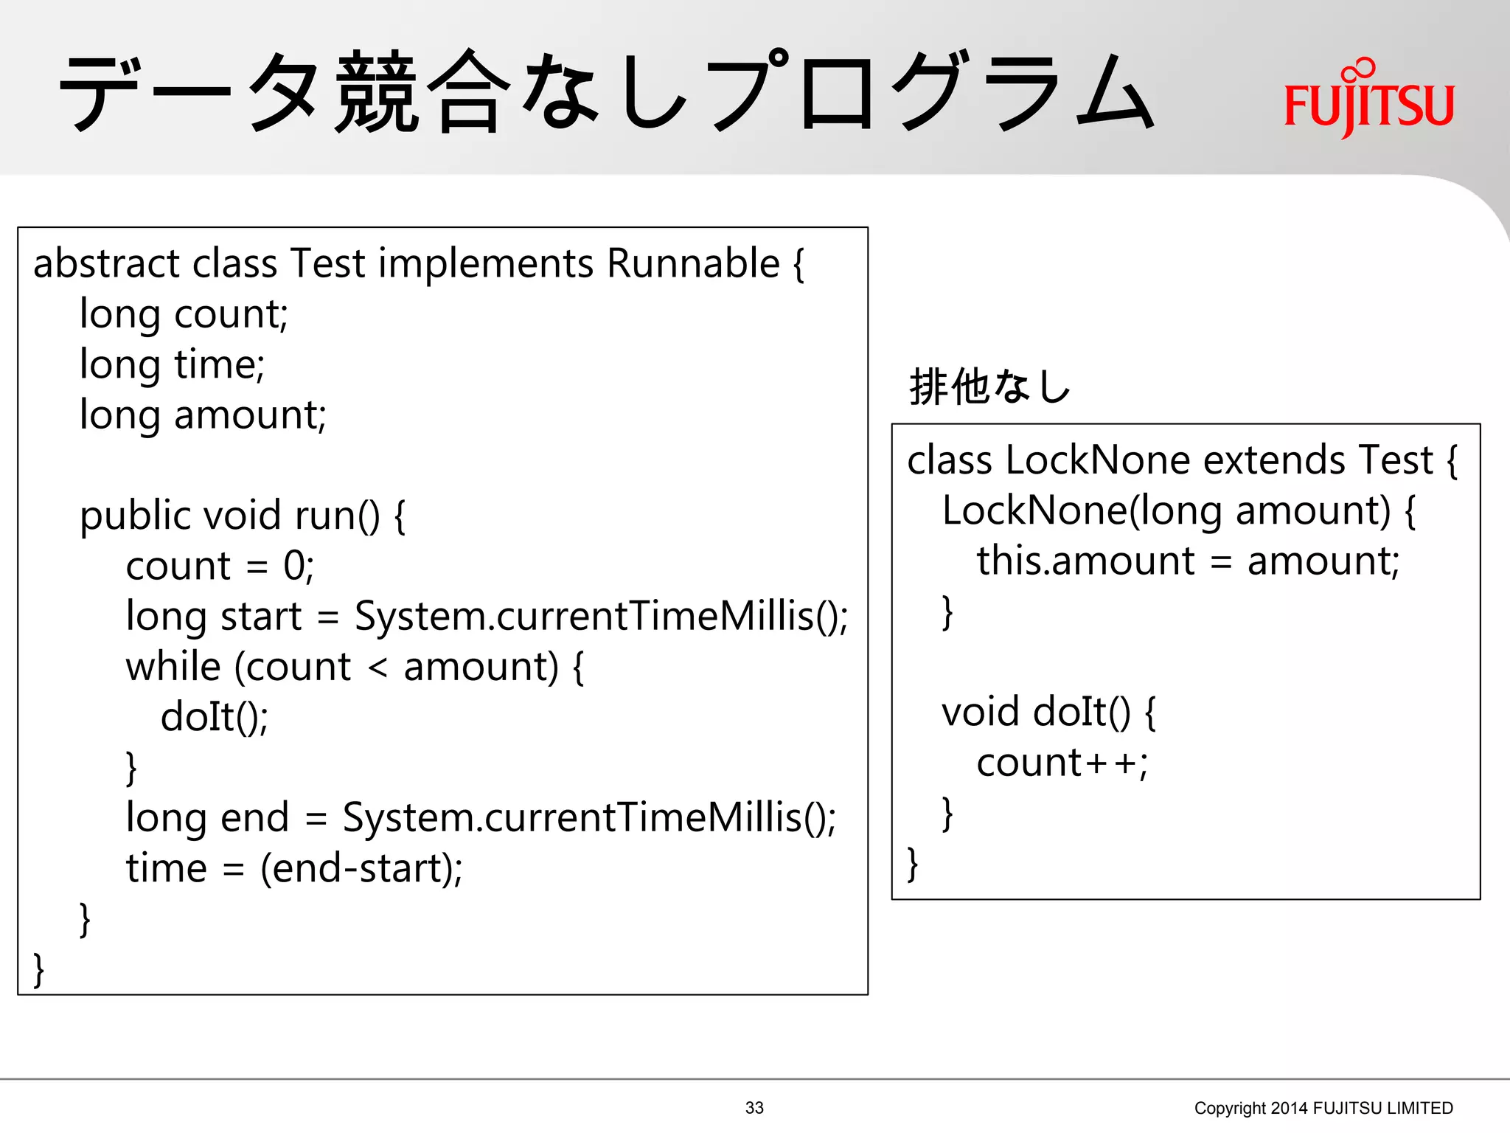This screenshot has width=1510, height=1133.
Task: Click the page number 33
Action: coord(754,1107)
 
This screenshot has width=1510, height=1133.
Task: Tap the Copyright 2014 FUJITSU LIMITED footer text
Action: coord(1323,1107)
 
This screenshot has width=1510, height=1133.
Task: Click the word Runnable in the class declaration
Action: coord(692,263)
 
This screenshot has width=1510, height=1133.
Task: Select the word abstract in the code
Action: coord(106,263)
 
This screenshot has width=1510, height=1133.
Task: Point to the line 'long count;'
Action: coord(184,314)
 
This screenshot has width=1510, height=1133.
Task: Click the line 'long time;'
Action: coord(172,364)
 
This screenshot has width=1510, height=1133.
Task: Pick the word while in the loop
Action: coord(173,667)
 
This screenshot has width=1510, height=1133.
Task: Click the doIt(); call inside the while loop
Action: coord(215,717)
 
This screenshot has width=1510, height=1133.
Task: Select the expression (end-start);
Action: coord(361,868)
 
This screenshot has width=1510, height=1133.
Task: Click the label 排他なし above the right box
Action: coord(989,387)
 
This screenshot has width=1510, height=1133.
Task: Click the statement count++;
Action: coord(1062,763)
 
